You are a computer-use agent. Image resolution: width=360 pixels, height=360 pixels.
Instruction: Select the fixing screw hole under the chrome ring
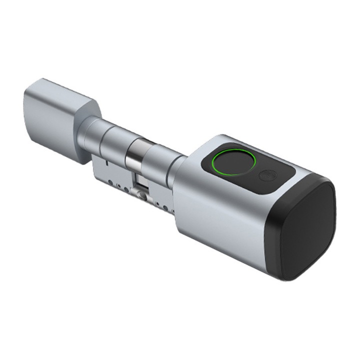point(141,196)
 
